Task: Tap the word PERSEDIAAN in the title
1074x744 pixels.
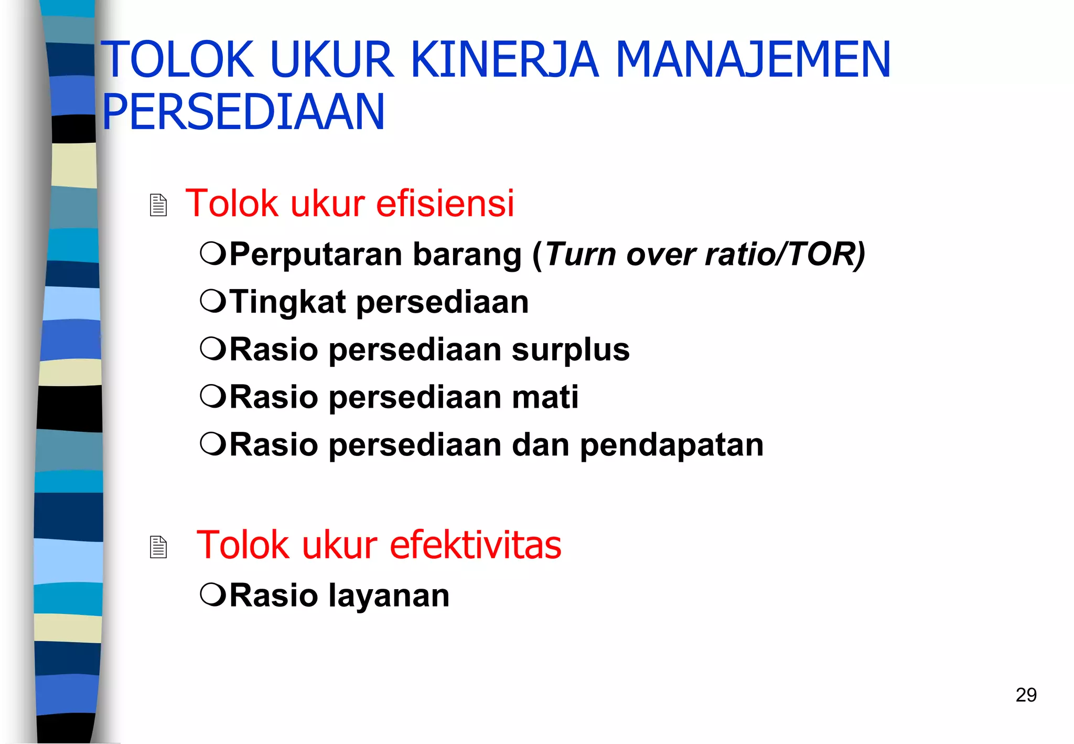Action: pyautogui.click(x=243, y=112)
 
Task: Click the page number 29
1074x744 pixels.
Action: pyautogui.click(x=1026, y=695)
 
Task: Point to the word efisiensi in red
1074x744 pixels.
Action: pyautogui.click(x=445, y=203)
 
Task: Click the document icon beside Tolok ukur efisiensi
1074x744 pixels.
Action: pyautogui.click(x=158, y=205)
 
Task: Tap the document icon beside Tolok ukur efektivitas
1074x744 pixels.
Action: pyautogui.click(x=158, y=547)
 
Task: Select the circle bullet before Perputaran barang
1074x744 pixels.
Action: pyautogui.click(x=213, y=254)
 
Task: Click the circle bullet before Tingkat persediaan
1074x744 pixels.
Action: pyautogui.click(x=213, y=302)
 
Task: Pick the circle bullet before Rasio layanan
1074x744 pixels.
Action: pyautogui.click(x=213, y=595)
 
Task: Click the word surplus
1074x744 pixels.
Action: pyautogui.click(x=571, y=350)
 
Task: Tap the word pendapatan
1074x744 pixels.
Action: pyautogui.click(x=672, y=445)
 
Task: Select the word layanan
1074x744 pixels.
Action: pyautogui.click(x=389, y=596)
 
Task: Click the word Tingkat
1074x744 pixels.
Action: pyautogui.click(x=287, y=303)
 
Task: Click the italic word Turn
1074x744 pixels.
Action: pyautogui.click(x=580, y=254)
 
